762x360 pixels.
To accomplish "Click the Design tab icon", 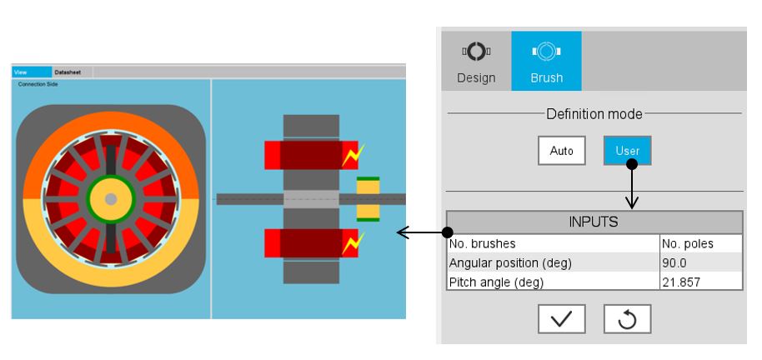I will coord(476,52).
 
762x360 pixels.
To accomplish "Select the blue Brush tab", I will coord(546,61).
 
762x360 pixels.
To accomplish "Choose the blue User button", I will coord(627,151).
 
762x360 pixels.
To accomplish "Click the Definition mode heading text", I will coord(594,113).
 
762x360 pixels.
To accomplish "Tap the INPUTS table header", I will coord(594,222).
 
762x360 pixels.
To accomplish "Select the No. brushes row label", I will coord(482,244).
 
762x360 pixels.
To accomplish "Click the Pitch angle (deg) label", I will coord(496,282).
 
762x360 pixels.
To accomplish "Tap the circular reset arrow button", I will coord(627,319).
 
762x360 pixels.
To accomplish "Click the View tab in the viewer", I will coord(21,72).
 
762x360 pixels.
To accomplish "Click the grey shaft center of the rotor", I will coord(110,198).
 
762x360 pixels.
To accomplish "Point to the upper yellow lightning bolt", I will coord(355,154).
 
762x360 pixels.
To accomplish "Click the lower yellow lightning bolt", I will coord(355,242).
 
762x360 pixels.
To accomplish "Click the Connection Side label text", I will coord(38,84).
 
